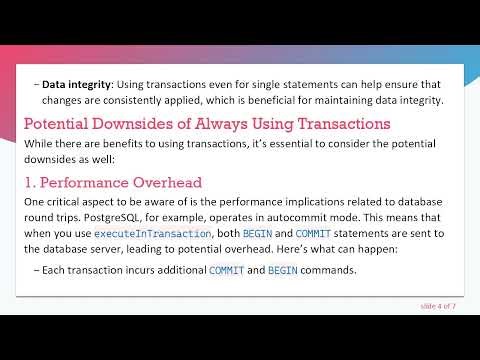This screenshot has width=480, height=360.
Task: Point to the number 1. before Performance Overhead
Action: (x=32, y=182)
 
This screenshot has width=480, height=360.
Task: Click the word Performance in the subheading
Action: (x=90, y=182)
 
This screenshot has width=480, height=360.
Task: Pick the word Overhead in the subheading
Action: (x=171, y=182)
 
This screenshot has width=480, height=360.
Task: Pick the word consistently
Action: (x=107, y=100)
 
